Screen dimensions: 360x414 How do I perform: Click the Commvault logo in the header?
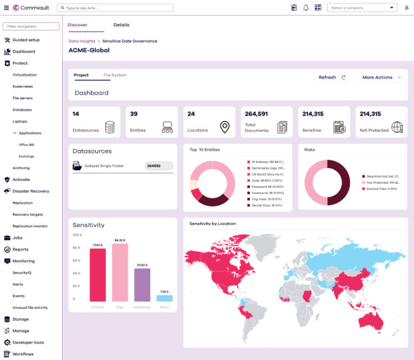coord(28,7)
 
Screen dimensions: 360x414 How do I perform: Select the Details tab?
coord(122,24)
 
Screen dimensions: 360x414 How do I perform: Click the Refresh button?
coord(331,78)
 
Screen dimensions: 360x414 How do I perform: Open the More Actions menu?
coord(381,78)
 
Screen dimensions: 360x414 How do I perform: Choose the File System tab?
coord(115,75)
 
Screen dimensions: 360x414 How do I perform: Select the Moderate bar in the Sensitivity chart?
coord(142,284)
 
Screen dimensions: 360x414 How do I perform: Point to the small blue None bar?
coord(165,298)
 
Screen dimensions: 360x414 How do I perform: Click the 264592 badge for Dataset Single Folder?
coord(159,165)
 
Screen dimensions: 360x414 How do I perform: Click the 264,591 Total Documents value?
coord(257,114)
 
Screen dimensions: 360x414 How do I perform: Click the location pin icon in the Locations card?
coord(224,127)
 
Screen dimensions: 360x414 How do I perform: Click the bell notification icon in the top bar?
coord(306,8)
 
